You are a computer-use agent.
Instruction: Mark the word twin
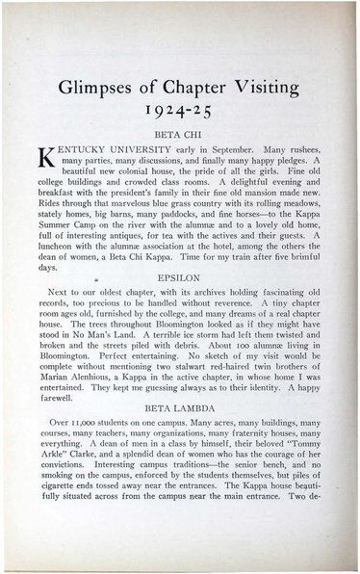click(x=254, y=405)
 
